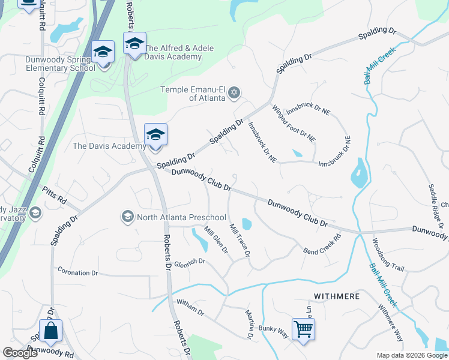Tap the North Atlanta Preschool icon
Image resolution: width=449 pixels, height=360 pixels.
(127, 216)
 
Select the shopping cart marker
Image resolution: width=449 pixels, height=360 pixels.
(303, 328)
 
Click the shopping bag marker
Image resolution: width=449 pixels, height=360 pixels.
(50, 330)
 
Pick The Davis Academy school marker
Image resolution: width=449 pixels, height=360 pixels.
(155, 135)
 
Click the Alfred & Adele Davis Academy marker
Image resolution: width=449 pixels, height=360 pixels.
(134, 43)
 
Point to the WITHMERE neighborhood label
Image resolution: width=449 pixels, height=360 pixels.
(336, 296)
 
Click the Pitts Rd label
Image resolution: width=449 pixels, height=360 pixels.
(54, 196)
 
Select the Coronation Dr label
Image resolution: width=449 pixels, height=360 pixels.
(77, 272)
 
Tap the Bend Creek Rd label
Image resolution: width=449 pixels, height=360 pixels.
(322, 242)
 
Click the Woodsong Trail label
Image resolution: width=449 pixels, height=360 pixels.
(388, 256)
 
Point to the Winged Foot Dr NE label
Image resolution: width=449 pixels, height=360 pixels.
(294, 123)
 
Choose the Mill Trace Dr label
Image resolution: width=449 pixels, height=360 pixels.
(240, 241)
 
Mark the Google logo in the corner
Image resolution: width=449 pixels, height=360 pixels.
(20, 353)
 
